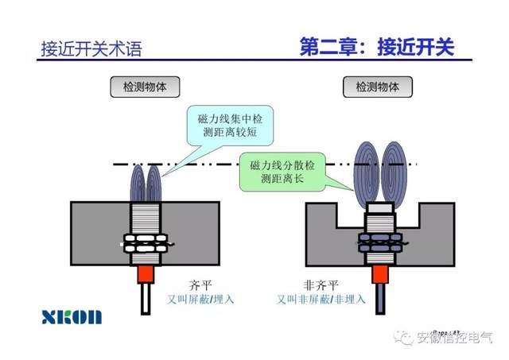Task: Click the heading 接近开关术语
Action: point(91,49)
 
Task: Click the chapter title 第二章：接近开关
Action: point(376,46)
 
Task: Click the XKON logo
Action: point(72,316)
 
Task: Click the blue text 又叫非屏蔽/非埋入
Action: point(321,300)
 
